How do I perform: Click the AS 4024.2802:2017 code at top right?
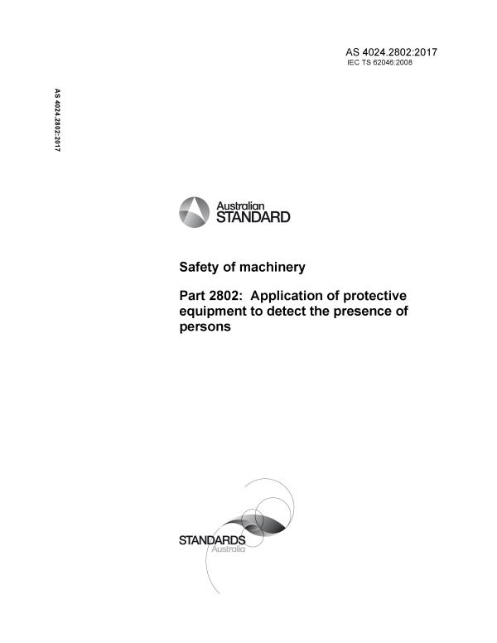click(x=390, y=53)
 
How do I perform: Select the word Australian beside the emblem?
click(x=240, y=205)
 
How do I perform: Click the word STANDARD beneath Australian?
click(x=253, y=218)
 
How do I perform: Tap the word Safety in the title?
click(x=201, y=267)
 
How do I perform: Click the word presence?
click(x=375, y=312)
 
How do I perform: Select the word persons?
click(x=205, y=327)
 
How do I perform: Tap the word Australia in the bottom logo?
click(x=225, y=550)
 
